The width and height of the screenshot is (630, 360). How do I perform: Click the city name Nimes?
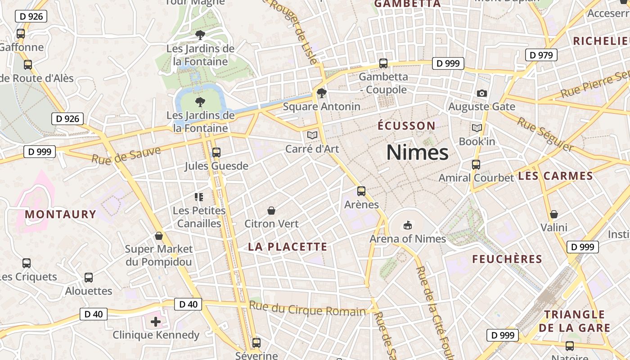(x=417, y=153)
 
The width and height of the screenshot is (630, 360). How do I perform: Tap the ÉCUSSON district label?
(x=406, y=126)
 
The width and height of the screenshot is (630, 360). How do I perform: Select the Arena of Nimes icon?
(x=408, y=225)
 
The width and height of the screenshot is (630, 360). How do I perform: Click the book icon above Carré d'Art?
(x=312, y=135)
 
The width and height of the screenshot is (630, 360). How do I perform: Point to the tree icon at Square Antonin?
(x=321, y=93)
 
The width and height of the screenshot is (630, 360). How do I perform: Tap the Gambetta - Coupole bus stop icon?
(x=383, y=63)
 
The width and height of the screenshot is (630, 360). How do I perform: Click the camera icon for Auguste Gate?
(x=482, y=93)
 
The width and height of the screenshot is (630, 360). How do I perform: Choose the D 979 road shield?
(x=541, y=55)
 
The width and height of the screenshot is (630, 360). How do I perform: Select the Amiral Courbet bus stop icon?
(x=476, y=165)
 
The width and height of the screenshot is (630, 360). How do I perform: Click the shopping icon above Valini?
(x=554, y=214)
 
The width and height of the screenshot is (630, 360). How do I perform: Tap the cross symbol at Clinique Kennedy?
(x=156, y=322)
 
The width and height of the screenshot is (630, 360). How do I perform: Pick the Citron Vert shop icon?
(x=271, y=211)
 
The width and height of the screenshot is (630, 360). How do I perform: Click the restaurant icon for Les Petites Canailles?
(x=199, y=197)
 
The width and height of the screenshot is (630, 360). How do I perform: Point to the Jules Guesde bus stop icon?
(x=216, y=153)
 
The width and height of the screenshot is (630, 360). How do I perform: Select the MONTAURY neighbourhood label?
(x=61, y=214)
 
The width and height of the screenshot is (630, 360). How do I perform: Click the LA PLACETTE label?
(x=288, y=247)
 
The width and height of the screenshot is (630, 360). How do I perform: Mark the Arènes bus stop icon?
(x=361, y=191)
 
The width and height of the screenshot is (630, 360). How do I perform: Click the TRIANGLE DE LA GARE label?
(x=575, y=321)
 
